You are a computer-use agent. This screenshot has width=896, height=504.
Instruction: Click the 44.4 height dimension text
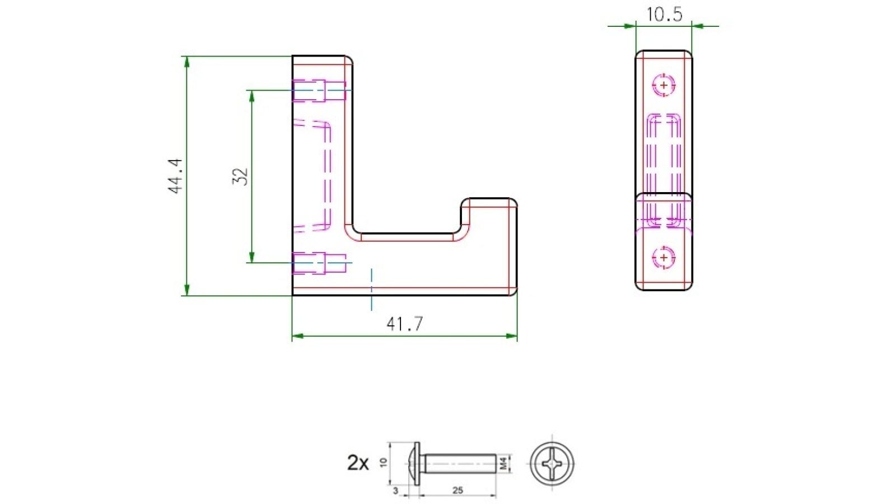coord(176,176)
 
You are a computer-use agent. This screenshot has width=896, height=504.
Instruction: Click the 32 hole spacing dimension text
coord(240,176)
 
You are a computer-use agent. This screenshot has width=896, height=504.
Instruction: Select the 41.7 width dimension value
coord(404,324)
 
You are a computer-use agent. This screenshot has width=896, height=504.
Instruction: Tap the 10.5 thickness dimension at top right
coord(664,14)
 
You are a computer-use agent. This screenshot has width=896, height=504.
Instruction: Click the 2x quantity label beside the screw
coord(358,463)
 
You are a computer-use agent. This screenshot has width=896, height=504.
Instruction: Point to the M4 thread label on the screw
coord(503,463)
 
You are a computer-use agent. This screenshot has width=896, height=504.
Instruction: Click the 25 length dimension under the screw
coord(458,490)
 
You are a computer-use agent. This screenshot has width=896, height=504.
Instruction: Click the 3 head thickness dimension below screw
coord(396,491)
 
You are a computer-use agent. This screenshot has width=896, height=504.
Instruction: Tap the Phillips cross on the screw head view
coord(552,464)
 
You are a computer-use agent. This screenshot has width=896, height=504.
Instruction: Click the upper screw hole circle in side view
coord(664,85)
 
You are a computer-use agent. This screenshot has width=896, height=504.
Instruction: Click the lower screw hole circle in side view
coord(664,258)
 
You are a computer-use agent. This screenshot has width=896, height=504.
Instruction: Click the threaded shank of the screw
coord(459,464)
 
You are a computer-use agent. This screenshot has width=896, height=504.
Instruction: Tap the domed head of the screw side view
coord(413,464)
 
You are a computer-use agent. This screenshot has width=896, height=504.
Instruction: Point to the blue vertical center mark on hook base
coord(371,289)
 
